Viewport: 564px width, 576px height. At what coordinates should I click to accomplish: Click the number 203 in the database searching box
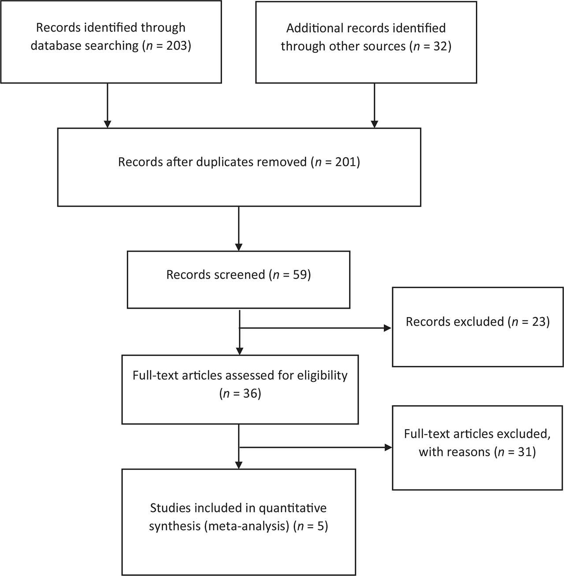point(176,46)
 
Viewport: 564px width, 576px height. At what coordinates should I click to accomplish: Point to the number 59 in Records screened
point(300,274)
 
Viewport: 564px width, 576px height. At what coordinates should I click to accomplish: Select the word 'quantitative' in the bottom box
point(293,508)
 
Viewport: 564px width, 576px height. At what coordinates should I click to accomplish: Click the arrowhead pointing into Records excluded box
point(387,328)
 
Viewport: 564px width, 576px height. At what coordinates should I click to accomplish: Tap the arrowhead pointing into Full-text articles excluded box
point(388,447)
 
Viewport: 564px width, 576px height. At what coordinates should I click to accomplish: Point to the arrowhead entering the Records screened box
point(238,247)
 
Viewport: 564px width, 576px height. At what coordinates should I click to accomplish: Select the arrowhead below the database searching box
point(108,124)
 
